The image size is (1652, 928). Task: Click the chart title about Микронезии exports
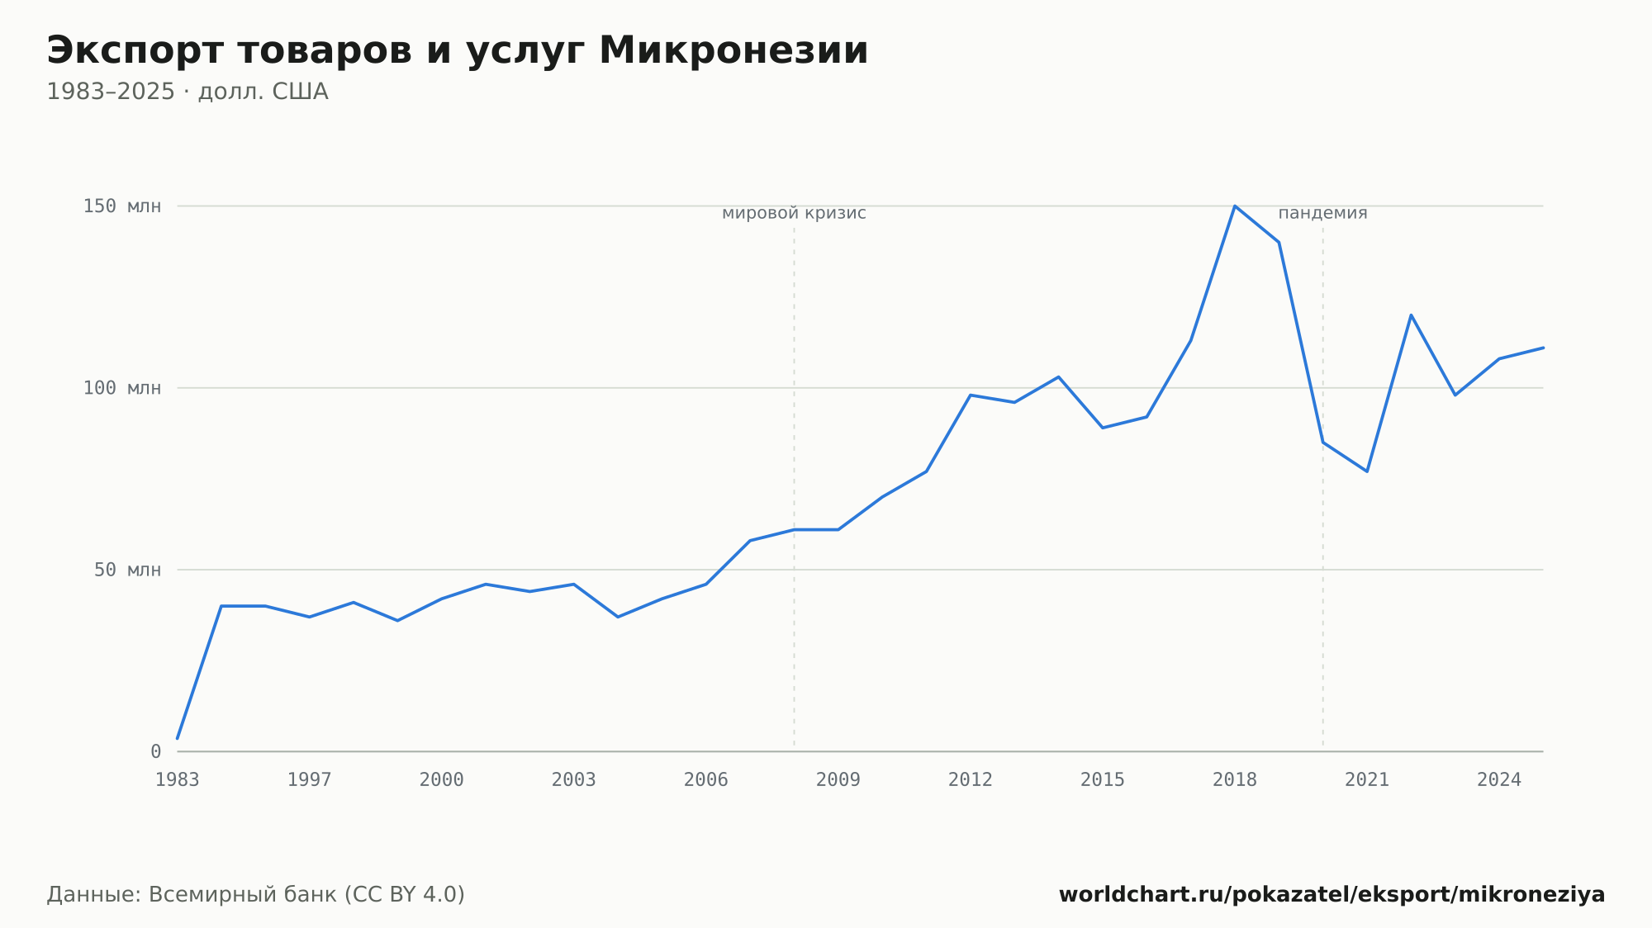(458, 50)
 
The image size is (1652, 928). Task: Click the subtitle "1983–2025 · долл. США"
(188, 92)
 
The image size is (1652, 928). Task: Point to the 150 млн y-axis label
(122, 206)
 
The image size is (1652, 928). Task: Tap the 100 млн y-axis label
(122, 388)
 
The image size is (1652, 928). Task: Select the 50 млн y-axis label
(127, 570)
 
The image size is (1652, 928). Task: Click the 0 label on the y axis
(155, 751)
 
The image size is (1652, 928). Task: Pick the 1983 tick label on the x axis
(178, 780)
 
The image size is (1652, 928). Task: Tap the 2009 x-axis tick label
(838, 780)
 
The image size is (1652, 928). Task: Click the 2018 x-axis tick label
(1235, 780)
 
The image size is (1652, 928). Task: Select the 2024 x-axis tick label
(1499, 780)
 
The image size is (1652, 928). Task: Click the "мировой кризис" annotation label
(794, 213)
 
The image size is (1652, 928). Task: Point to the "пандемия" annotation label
(1322, 213)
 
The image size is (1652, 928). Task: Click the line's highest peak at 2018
(1235, 206)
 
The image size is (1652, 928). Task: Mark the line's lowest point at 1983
(178, 738)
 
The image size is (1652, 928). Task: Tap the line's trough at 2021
(1367, 471)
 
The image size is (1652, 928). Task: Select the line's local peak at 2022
(1411, 315)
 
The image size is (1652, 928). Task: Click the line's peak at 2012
(971, 395)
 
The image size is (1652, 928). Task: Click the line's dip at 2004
(618, 617)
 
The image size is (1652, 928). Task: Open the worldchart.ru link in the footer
(1332, 894)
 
